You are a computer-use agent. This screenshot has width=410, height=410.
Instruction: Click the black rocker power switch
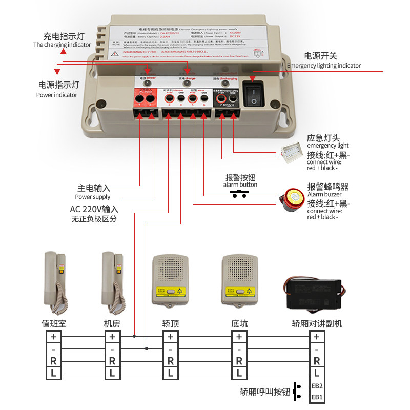[x=253, y=93]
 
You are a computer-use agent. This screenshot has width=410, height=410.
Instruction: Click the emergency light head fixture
[x=294, y=152]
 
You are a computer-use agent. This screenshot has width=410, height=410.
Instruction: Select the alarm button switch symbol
[x=239, y=194]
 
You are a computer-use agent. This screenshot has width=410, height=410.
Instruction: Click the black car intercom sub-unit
[x=314, y=293]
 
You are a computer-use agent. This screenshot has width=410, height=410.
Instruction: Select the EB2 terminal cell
[x=317, y=386]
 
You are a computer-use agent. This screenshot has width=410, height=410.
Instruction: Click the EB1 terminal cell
[x=317, y=397]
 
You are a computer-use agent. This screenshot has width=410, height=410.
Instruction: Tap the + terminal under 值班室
[x=53, y=337]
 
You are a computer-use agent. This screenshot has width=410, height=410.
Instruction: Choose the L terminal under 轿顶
[x=170, y=373]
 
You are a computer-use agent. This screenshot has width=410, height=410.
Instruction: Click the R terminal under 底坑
[x=239, y=361]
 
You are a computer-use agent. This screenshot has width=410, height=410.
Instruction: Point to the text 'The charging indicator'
[x=62, y=45]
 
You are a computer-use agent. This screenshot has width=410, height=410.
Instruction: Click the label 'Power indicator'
[x=57, y=95]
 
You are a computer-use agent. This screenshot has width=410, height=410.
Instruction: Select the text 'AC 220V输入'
[x=94, y=209]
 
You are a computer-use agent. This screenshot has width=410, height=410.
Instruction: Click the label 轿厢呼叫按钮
[x=264, y=392]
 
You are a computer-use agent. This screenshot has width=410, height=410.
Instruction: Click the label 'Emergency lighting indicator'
[x=324, y=66]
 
